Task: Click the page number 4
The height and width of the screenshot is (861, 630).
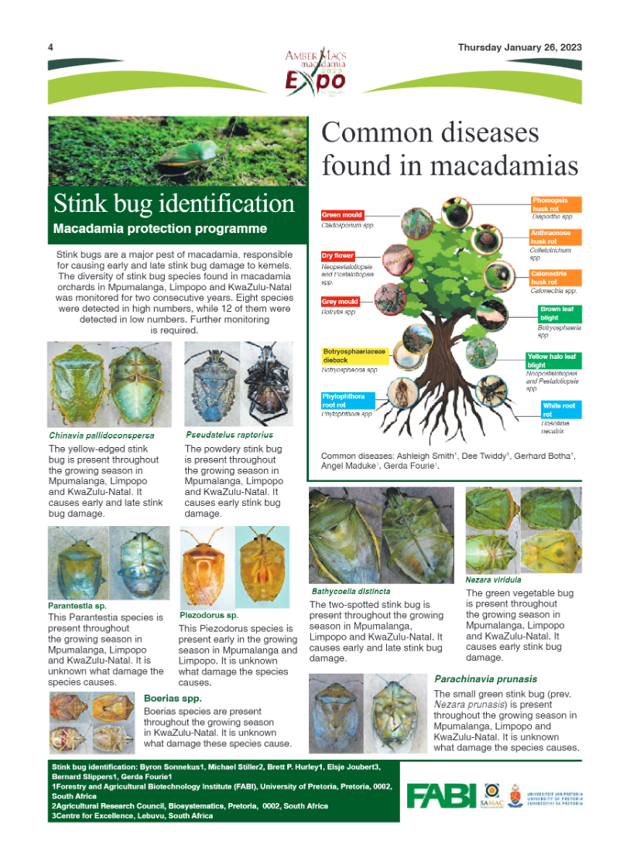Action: (x=50, y=47)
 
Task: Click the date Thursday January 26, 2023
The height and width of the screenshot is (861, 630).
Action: (x=519, y=47)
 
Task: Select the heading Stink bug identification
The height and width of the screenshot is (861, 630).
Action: (x=173, y=203)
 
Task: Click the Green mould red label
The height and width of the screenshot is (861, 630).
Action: (x=341, y=215)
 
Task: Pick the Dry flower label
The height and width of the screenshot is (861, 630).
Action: (x=338, y=255)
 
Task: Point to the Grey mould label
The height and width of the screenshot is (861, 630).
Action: (x=340, y=302)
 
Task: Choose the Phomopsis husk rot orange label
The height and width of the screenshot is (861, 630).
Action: (x=556, y=204)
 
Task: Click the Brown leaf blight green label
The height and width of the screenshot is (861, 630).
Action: (x=560, y=313)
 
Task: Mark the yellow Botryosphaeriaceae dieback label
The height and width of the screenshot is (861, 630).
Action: (x=354, y=356)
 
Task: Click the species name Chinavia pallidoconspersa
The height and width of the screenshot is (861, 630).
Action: (x=101, y=435)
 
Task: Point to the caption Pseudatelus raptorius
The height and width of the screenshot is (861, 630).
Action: (x=229, y=434)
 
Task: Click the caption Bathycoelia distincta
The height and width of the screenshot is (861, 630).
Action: (x=351, y=591)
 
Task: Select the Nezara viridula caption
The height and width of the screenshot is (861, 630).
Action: (x=493, y=579)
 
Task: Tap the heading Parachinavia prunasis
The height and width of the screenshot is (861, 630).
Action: (x=485, y=678)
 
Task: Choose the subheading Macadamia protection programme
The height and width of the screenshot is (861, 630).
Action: (x=160, y=228)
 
